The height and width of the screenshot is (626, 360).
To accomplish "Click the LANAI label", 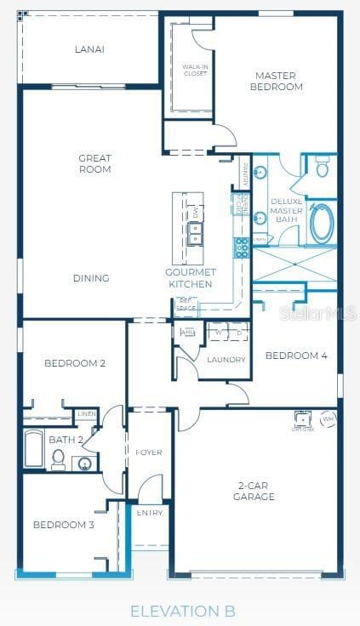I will click(x=89, y=49).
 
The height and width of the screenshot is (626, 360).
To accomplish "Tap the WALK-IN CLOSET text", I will click(x=195, y=71).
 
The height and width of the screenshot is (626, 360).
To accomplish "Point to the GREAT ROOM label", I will click(x=94, y=163).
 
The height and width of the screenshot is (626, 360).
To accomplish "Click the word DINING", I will click(x=91, y=278).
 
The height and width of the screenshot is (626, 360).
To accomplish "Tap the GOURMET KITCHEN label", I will click(x=190, y=278).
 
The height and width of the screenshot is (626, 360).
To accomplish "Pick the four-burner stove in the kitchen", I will click(x=242, y=248).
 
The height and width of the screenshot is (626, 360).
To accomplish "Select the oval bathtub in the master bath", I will click(x=323, y=224).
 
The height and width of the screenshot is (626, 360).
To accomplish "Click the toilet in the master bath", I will click(x=323, y=168).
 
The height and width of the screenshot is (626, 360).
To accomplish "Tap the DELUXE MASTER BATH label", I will click(x=287, y=211).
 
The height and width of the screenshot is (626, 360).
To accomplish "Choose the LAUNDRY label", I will click(x=226, y=360).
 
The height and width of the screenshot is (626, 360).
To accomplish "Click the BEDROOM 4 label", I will click(x=296, y=356).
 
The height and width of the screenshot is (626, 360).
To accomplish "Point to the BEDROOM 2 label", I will click(x=75, y=363).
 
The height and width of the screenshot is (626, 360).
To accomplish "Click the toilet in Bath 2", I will click(x=58, y=458).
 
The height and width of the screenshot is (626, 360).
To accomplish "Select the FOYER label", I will click(x=150, y=452).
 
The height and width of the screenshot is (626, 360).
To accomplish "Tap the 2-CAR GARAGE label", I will click(x=254, y=491).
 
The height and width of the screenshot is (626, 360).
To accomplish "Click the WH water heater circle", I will click(x=329, y=418).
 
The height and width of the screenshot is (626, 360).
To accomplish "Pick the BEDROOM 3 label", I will click(x=64, y=525).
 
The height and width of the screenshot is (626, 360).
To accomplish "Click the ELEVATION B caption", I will click(x=182, y=611).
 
